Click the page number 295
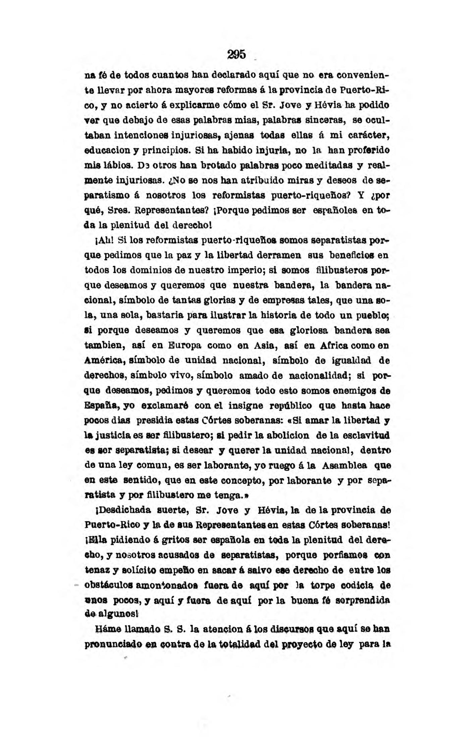click(x=237, y=55)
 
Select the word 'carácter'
click(x=371, y=136)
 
